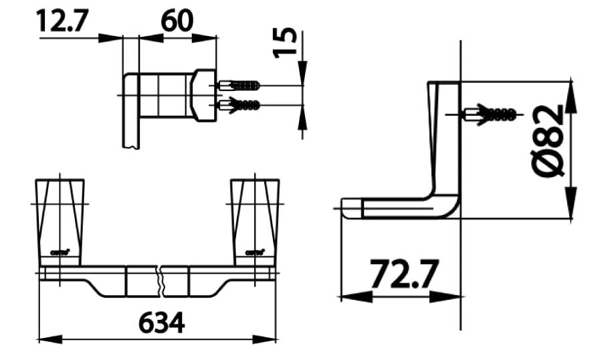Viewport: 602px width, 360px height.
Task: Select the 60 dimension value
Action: point(177,21)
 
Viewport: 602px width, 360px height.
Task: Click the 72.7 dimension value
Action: point(404,275)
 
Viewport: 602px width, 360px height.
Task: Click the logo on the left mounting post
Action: point(60,253)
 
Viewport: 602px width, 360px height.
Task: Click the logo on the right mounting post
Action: point(255,253)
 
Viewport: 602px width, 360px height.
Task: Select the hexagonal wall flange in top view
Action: point(203,95)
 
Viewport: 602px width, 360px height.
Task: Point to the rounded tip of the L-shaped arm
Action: point(346,208)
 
